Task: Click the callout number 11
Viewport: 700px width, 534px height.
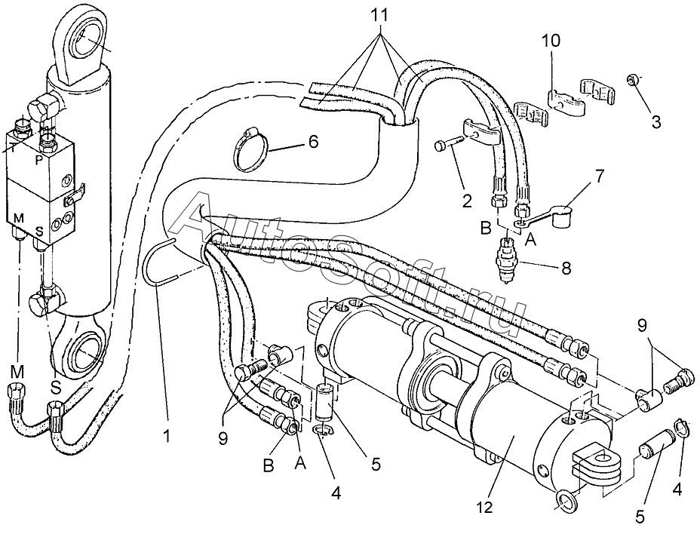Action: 380,16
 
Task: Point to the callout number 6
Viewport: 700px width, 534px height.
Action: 313,142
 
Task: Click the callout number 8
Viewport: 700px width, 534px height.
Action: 566,269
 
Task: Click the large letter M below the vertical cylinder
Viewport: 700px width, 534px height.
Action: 18,372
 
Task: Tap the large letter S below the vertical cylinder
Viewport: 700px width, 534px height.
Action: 55,387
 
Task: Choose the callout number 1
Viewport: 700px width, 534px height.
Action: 167,435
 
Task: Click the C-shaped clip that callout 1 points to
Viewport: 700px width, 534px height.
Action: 159,261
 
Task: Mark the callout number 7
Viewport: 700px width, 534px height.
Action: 597,176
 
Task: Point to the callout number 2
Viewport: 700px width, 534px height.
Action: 466,201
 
